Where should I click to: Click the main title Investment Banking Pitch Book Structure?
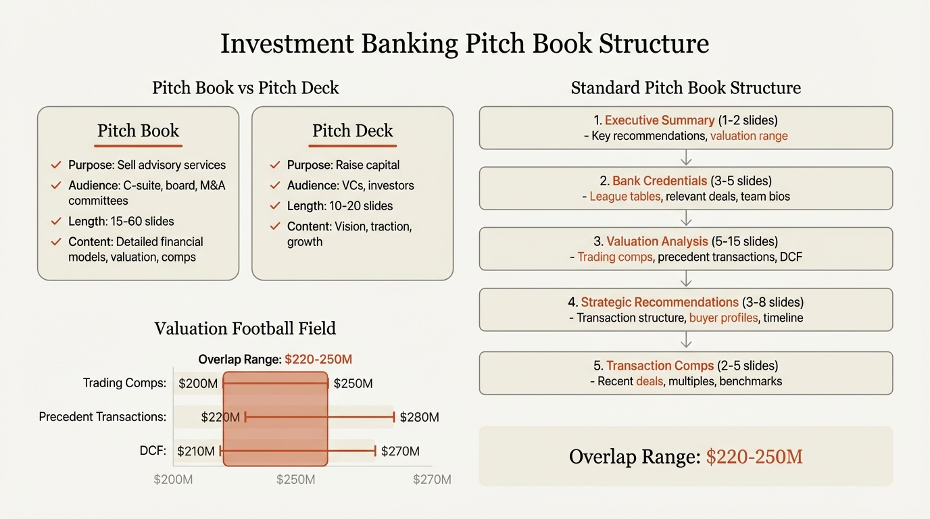[464, 45]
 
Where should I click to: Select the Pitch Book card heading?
[138, 130]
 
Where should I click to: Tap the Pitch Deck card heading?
[352, 130]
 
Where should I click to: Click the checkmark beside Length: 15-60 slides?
[56, 222]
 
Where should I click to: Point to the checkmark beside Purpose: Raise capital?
[274, 165]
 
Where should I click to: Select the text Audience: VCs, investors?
[350, 185]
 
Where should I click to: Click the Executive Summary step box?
[685, 128]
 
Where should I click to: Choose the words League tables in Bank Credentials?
[625, 197]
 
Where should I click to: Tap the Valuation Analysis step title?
[657, 241]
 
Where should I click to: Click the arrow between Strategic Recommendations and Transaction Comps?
[686, 341]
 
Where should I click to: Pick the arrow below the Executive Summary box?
[686, 158]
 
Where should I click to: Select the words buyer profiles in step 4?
[724, 318]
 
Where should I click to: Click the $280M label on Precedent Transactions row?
[419, 418]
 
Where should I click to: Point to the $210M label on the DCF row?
[196, 451]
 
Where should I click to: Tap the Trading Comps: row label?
[124, 383]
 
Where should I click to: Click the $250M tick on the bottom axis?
[295, 480]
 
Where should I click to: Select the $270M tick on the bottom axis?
[432, 480]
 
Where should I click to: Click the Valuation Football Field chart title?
[245, 328]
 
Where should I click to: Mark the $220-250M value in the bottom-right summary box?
[754, 457]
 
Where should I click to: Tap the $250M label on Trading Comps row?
[353, 384]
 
